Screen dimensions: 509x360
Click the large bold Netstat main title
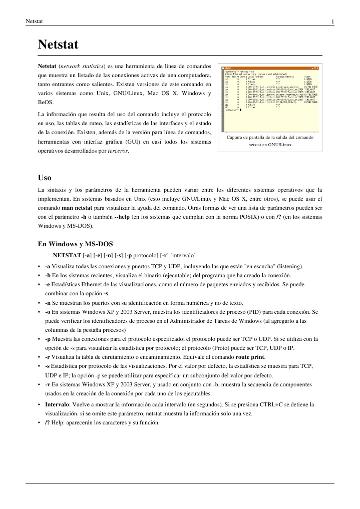58,45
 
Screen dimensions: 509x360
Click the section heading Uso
45,177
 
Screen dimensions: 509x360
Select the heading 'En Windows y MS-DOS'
75,244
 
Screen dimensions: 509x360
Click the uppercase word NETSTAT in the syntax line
68,256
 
